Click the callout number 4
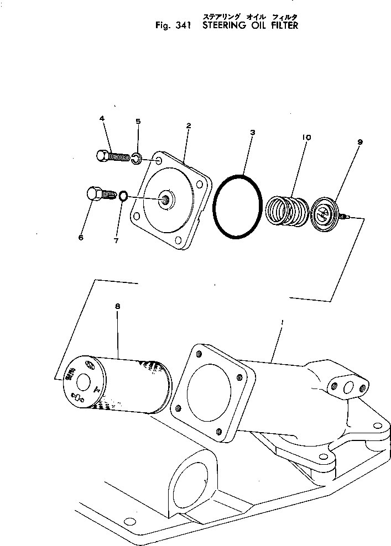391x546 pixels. click(x=102, y=119)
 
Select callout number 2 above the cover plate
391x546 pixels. click(x=189, y=126)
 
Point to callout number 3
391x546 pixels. click(x=252, y=133)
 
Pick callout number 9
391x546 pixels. click(x=360, y=142)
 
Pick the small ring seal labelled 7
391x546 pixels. click(x=124, y=195)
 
